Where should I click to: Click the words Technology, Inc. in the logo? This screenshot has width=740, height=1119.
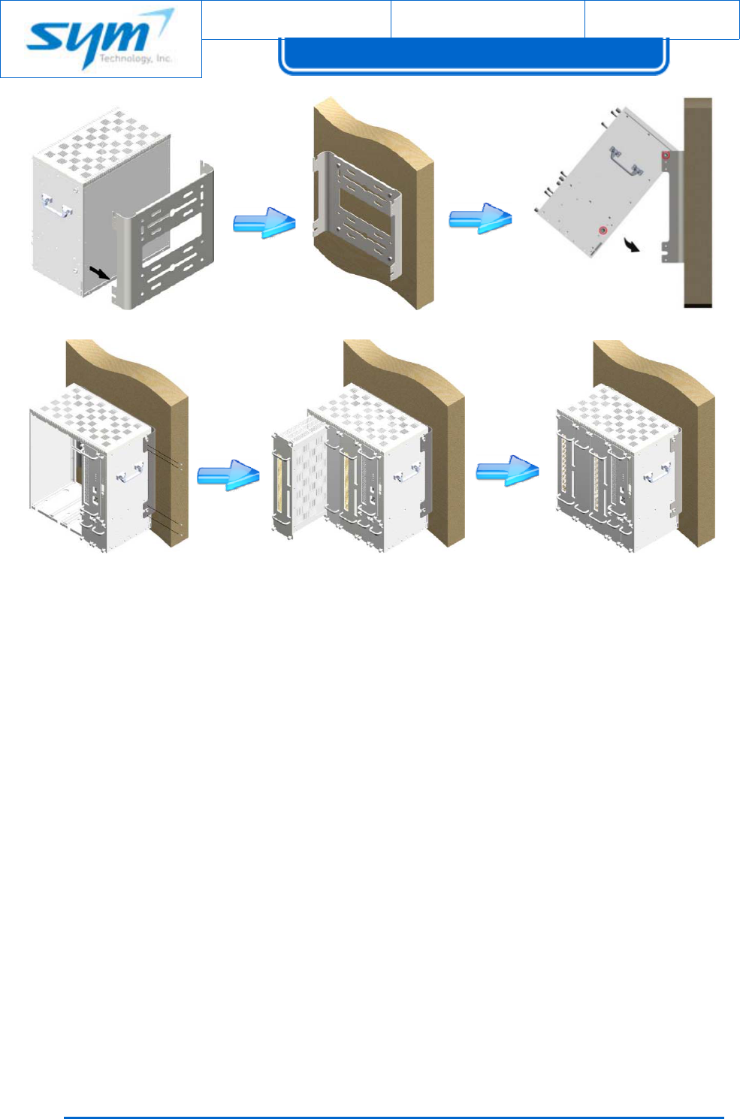(x=135, y=59)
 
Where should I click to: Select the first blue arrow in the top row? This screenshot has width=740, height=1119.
(x=264, y=222)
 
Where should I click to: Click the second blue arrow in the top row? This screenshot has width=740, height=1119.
(x=480, y=218)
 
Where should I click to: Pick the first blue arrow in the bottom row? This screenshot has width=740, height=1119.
(x=228, y=475)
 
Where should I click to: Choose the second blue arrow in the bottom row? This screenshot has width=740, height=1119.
(x=508, y=470)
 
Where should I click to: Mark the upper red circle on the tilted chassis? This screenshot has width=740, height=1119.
(x=665, y=155)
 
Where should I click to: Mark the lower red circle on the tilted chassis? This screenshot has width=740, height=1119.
(x=602, y=230)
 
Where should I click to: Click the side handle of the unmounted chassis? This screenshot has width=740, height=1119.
(x=56, y=207)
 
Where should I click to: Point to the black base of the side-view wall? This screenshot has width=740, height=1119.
(x=698, y=306)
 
